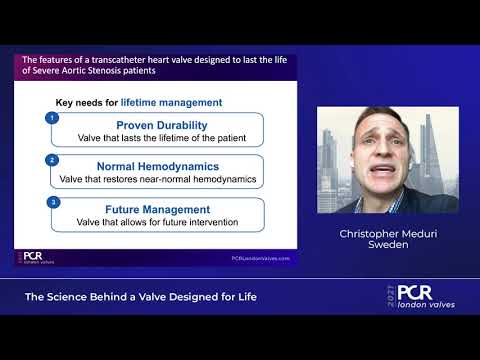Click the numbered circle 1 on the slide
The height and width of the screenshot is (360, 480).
coord(51,118)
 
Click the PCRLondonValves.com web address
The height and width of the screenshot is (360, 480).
coord(259,257)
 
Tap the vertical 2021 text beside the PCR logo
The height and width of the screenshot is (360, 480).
coord(392,297)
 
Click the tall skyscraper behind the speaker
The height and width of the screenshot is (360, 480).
coord(428,150)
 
